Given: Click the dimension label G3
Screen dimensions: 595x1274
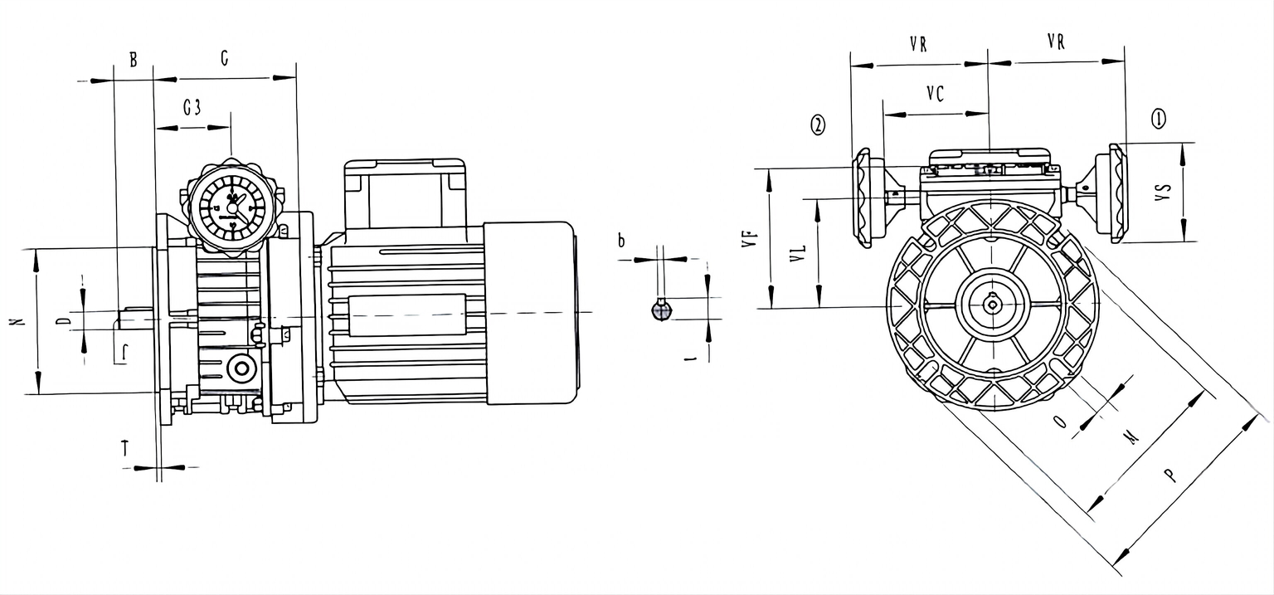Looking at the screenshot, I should click(192, 108).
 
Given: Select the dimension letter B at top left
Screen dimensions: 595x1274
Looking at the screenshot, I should click(133, 60).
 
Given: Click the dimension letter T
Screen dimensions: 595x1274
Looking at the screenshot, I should click(125, 449).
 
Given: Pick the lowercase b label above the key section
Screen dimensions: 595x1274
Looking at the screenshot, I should click(620, 241).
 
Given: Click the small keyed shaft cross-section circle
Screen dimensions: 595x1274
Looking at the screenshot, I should click(660, 310).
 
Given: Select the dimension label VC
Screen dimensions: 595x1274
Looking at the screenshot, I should click(935, 95).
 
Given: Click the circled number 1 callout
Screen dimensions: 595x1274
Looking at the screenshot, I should click(1158, 119).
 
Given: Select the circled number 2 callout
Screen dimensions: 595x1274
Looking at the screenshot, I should click(818, 125).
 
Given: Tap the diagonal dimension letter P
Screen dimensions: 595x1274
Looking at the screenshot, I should click(1169, 475).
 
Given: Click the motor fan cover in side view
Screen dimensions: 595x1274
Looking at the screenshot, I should click(529, 313).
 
